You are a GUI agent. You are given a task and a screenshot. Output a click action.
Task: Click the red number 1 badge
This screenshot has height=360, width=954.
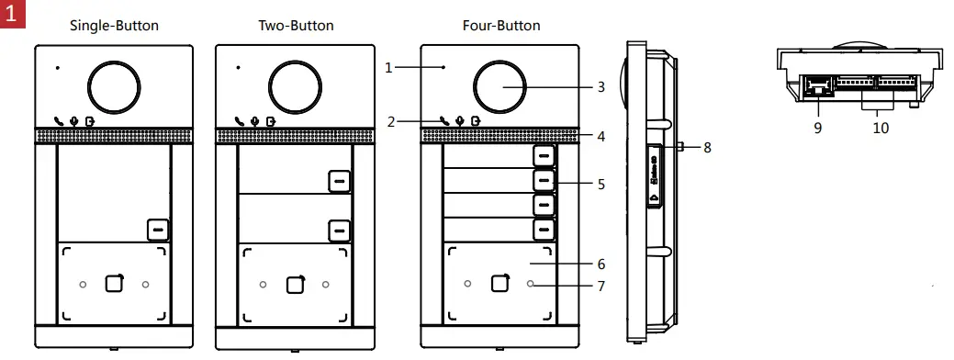13,14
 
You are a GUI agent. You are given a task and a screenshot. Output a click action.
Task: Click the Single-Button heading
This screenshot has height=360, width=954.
115,26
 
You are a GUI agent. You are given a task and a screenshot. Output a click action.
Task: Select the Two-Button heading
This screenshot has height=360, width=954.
296,26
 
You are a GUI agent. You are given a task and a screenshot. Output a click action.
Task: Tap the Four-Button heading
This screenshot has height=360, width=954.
501,26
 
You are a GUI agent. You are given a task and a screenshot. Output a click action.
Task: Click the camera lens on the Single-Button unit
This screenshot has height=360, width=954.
114,87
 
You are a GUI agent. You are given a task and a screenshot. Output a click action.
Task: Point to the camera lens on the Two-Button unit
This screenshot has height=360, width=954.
295,87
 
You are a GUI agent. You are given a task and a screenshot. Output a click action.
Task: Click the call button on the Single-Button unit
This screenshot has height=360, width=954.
158,230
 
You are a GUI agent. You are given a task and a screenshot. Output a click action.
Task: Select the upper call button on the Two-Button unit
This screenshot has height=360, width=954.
340,181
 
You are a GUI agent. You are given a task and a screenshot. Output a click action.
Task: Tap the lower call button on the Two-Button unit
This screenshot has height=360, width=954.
340,231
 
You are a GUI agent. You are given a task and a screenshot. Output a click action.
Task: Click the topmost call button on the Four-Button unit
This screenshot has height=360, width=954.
544,156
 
